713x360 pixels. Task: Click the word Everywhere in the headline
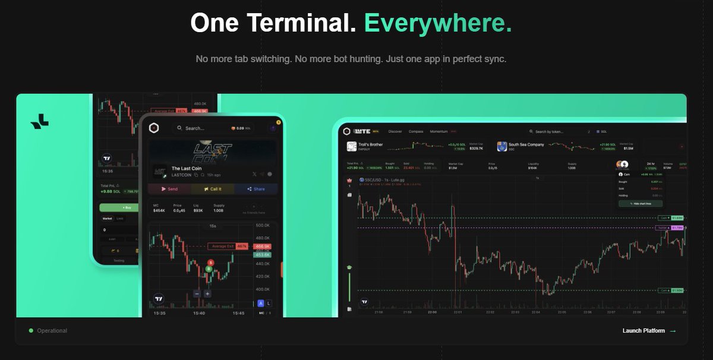coord(437,23)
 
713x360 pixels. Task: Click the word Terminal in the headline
coord(301,23)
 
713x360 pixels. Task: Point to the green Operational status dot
coord(31,331)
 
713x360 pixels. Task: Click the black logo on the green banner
coord(40,121)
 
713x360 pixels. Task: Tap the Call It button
coord(212,189)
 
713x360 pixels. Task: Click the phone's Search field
coord(196,128)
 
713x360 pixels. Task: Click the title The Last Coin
coord(188,169)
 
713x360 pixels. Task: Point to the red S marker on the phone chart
coord(210,263)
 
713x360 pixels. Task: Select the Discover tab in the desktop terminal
coord(395,131)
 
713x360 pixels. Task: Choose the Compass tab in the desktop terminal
coord(416,131)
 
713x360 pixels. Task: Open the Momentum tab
coord(439,131)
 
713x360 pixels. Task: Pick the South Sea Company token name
coord(526,144)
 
